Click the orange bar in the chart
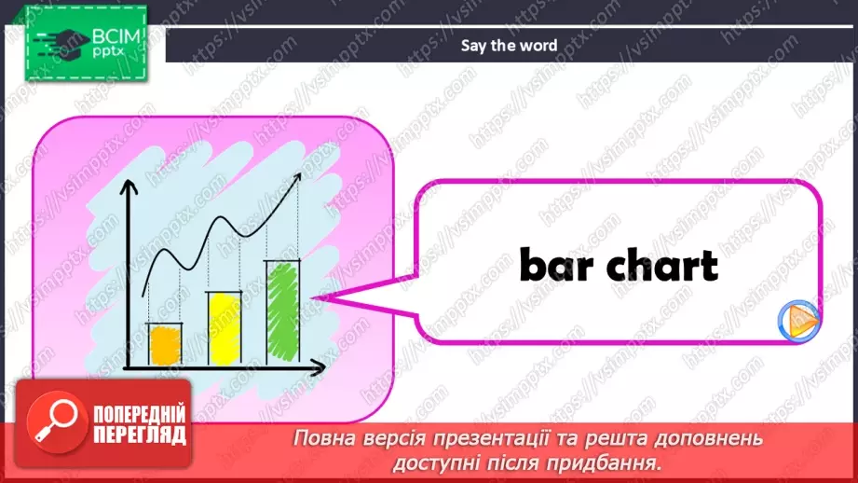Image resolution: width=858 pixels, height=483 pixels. (x=165, y=344)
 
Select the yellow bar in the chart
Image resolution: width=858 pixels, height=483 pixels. (x=224, y=327)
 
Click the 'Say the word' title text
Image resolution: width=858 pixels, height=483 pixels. (x=510, y=45)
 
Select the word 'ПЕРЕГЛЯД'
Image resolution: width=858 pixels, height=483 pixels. (x=138, y=435)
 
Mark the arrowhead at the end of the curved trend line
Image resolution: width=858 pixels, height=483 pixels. (x=300, y=183)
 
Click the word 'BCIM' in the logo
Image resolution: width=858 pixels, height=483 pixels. (x=115, y=37)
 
